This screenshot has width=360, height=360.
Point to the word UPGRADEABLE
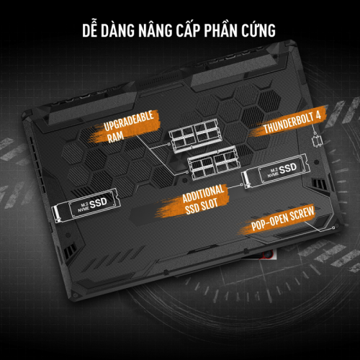(x=129, y=121)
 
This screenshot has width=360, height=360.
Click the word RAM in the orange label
(x=115, y=137)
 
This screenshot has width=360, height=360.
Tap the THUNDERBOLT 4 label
(x=292, y=122)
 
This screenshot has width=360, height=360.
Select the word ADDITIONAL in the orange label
(x=203, y=194)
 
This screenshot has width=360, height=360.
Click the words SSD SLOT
(x=202, y=206)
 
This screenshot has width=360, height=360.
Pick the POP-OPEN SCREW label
(x=282, y=218)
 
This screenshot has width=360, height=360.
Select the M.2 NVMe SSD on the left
(x=86, y=205)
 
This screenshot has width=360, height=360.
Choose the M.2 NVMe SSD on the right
(x=276, y=171)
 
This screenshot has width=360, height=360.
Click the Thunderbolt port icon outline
(x=317, y=142)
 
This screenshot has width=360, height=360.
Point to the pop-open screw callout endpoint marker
(x=333, y=228)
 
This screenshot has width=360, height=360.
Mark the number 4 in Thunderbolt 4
(x=318, y=116)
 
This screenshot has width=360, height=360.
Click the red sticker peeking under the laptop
(x=270, y=255)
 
